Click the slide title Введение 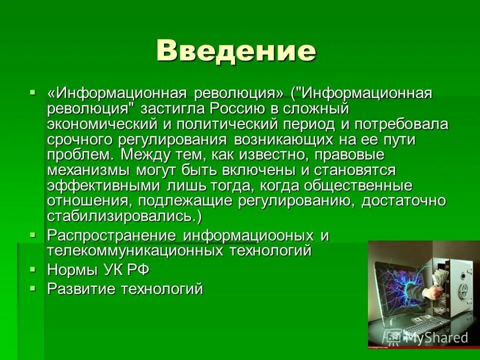[x=236, y=50]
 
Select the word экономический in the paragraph [x=100, y=124]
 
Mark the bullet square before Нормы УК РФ [x=33, y=269]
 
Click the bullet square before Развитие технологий [x=33, y=288]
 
